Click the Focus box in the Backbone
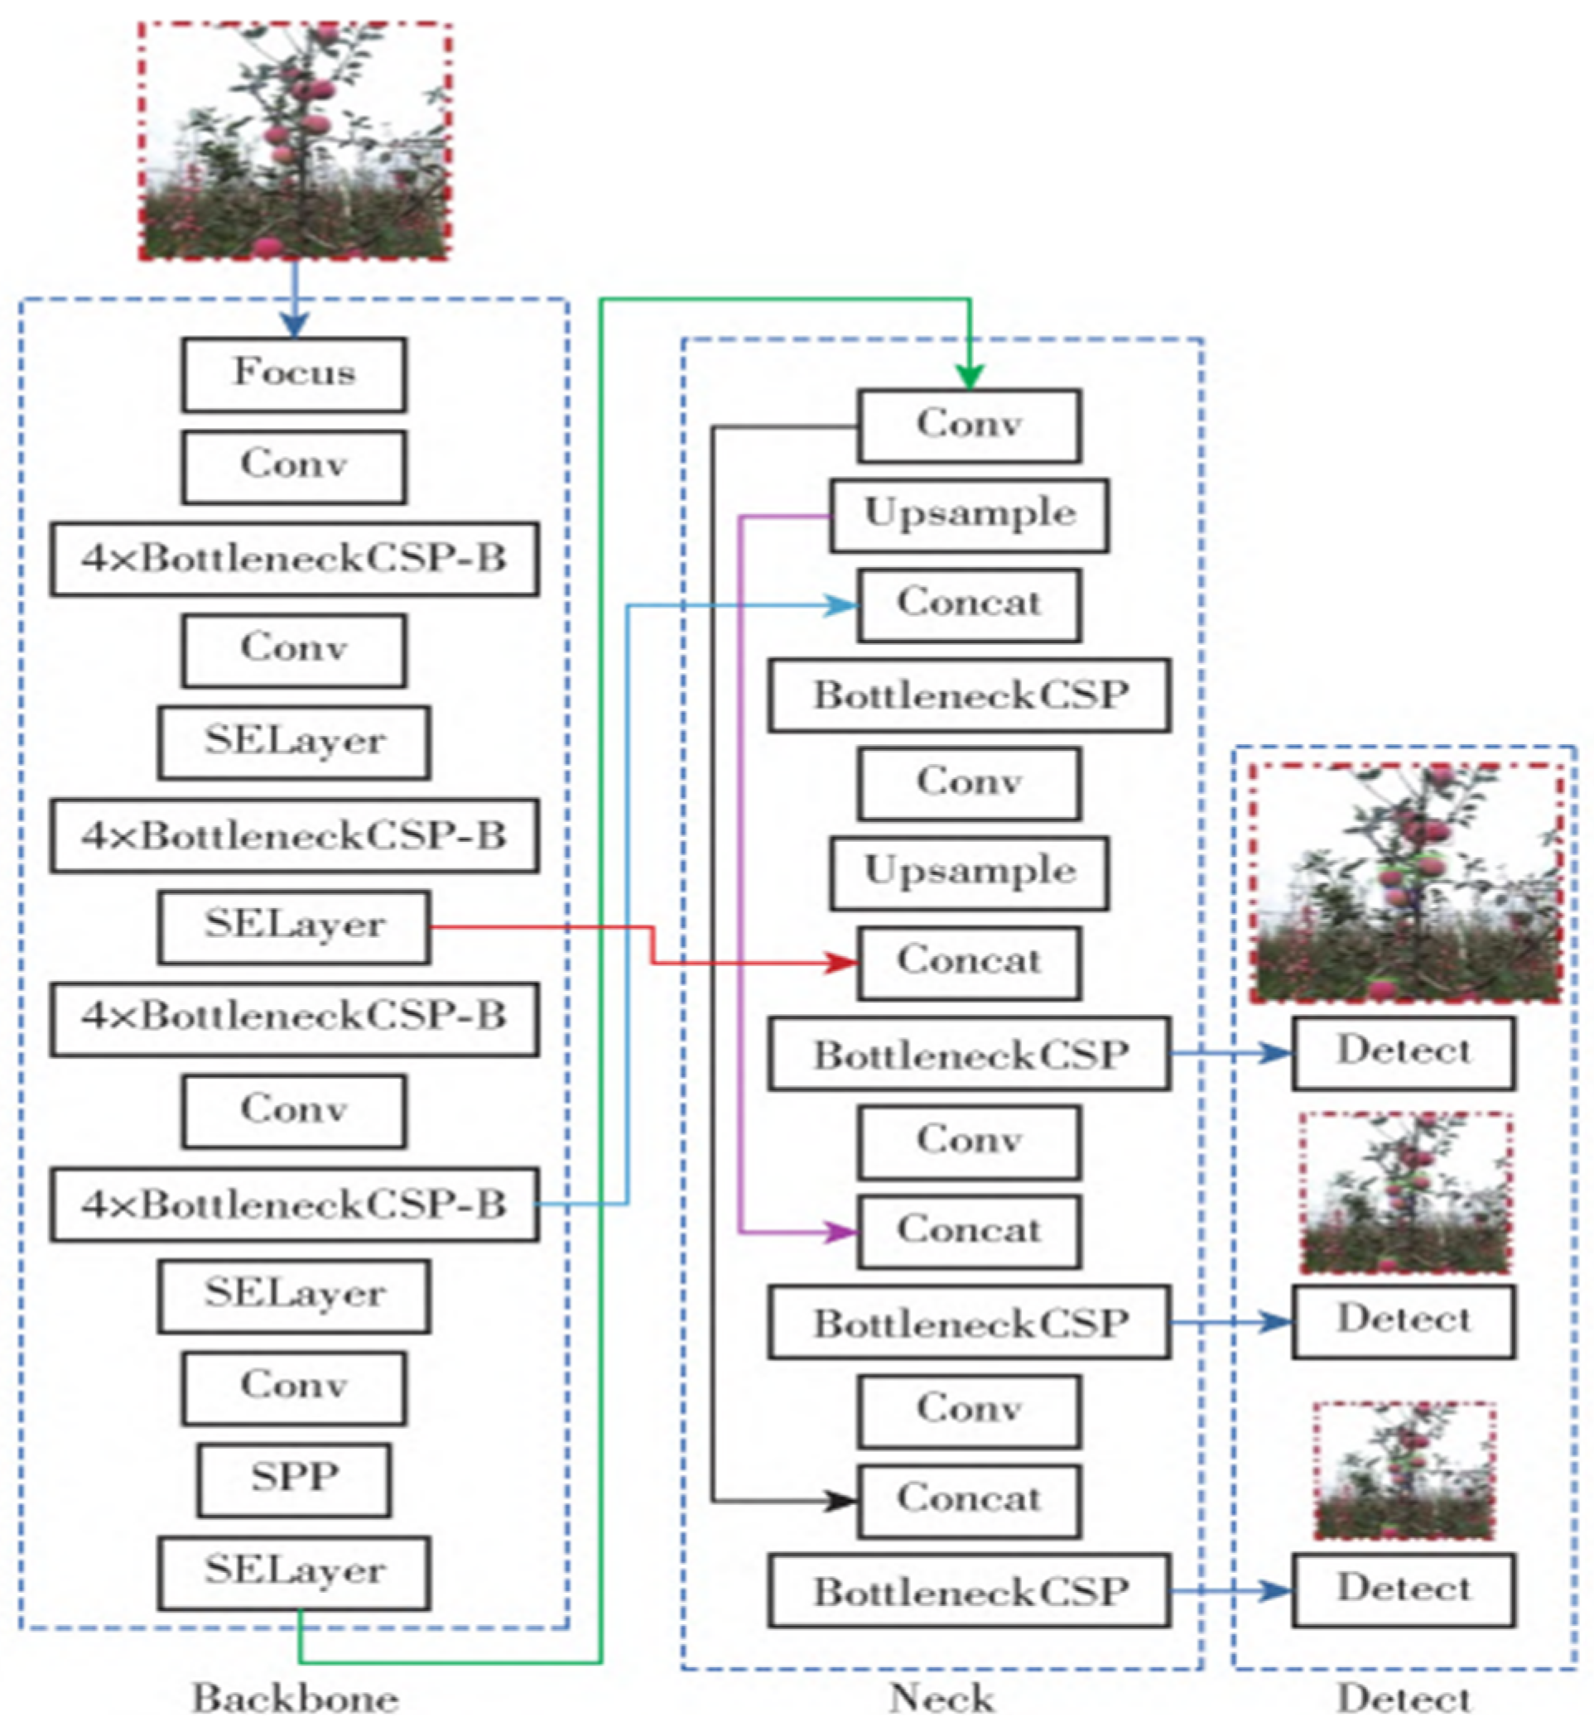(294, 374)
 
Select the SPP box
(294, 1480)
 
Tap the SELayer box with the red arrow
(294, 927)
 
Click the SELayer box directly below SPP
(294, 1573)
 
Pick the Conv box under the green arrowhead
(969, 426)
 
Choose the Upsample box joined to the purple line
(969, 516)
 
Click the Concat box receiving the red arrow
(969, 964)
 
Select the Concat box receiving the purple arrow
(969, 1233)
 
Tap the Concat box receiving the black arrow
(969, 1502)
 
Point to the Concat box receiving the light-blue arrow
(969, 605)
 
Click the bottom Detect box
(1404, 1590)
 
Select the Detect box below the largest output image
(1404, 1053)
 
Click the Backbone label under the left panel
(294, 1698)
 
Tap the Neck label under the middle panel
(942, 1698)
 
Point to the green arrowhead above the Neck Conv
(970, 377)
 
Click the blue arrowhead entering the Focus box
(295, 325)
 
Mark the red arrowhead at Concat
(842, 964)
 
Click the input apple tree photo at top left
(295, 141)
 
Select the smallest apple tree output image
(1404, 1470)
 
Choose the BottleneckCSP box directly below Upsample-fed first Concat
(969, 696)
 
